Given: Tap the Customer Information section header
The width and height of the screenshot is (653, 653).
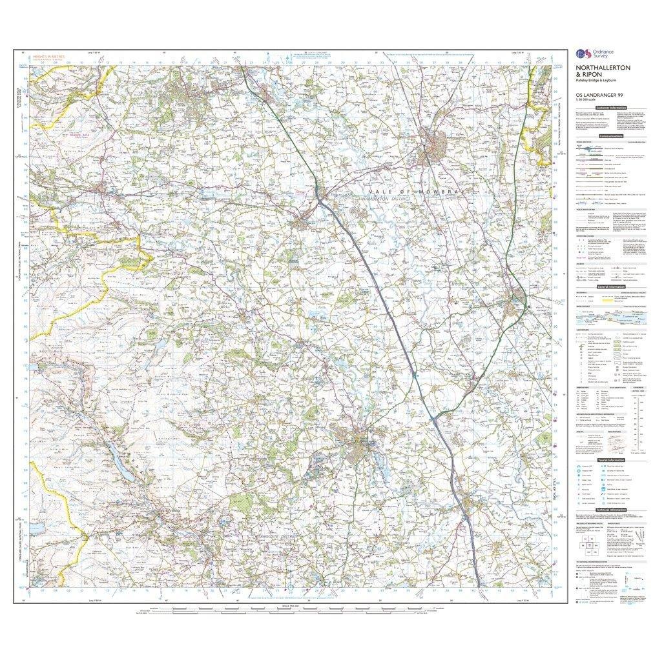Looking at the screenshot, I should (x=612, y=108).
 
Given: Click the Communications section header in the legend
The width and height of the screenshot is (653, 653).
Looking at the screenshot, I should (x=611, y=136).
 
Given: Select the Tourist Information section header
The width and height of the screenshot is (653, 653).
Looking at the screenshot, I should (x=611, y=460).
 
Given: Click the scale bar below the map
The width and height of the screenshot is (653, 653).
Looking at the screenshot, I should (x=284, y=609).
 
